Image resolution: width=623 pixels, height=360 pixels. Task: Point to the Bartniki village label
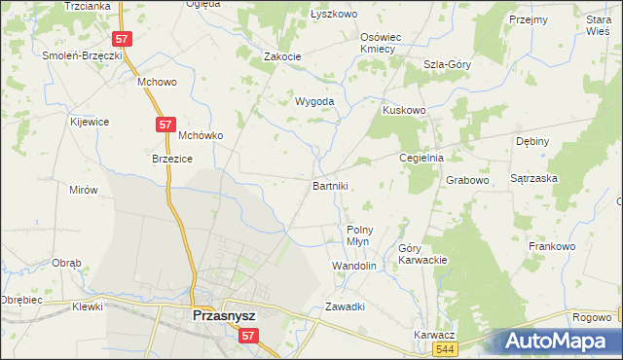click(330, 185)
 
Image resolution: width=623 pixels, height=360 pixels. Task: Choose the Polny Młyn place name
click(360, 236)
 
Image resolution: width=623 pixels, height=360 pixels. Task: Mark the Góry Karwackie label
click(422, 254)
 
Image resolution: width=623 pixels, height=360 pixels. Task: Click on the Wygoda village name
click(315, 101)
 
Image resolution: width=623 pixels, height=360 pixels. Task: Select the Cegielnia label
click(422, 158)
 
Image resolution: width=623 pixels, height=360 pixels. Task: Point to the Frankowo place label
click(552, 246)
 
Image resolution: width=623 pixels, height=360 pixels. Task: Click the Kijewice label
click(89, 122)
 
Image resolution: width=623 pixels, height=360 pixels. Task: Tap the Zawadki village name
click(345, 306)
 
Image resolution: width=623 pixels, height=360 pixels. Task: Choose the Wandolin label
click(354, 265)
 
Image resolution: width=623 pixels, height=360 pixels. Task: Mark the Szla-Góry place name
click(447, 64)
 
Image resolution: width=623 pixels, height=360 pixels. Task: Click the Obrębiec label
click(20, 300)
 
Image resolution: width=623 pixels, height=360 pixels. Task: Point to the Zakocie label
click(282, 56)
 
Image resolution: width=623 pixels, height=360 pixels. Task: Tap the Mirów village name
click(84, 190)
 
